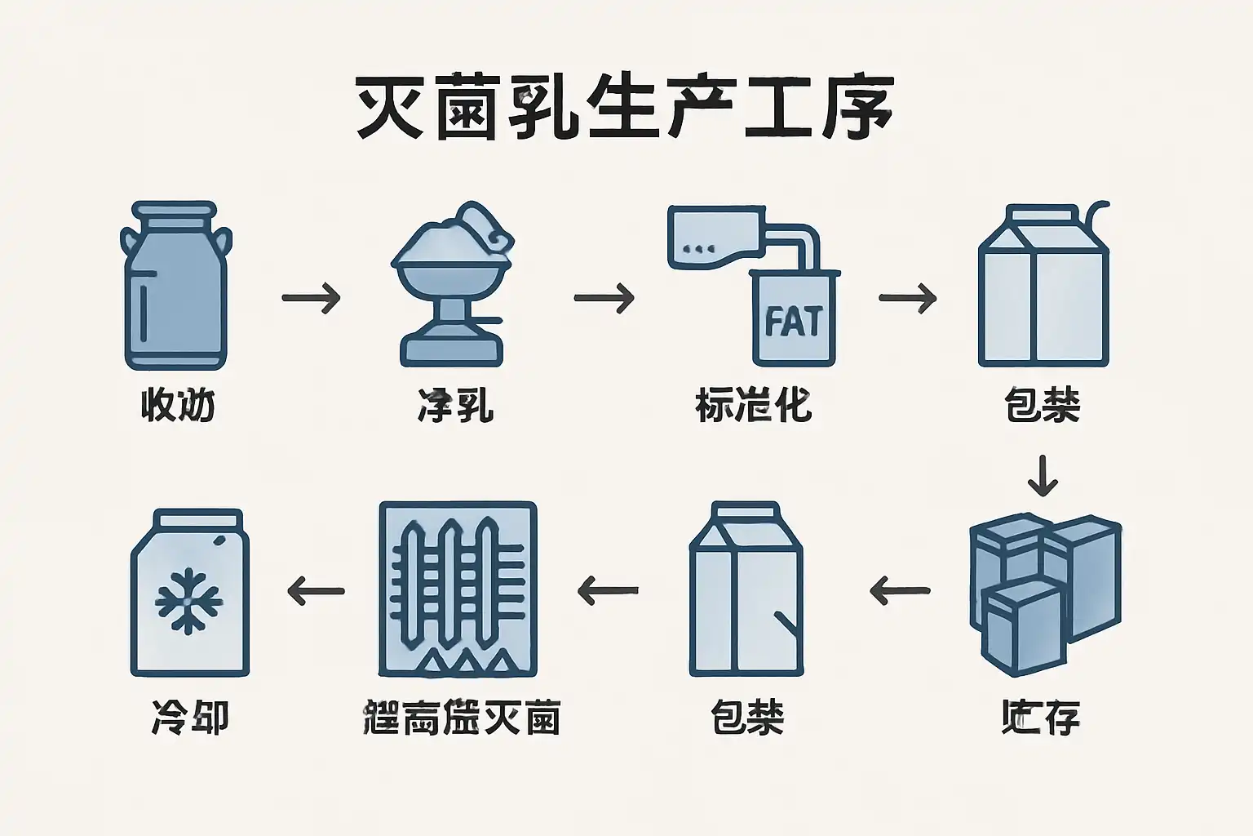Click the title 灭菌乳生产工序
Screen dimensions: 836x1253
[624, 108]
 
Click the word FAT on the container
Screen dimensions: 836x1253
[794, 321]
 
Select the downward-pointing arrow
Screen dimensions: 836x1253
[1042, 475]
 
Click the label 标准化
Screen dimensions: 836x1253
[753, 405]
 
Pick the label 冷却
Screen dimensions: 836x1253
[189, 718]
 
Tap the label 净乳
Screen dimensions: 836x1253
[456, 405]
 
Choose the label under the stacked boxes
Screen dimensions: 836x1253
[1041, 718]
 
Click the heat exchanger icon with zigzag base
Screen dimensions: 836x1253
[458, 589]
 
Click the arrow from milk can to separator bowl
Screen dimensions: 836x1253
[311, 298]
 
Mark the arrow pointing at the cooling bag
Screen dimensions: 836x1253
[317, 589]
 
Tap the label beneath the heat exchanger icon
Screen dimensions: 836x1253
[461, 718]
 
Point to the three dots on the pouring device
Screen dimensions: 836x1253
[700, 247]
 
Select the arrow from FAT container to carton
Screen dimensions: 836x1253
[907, 298]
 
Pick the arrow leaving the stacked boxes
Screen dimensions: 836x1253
[901, 589]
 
